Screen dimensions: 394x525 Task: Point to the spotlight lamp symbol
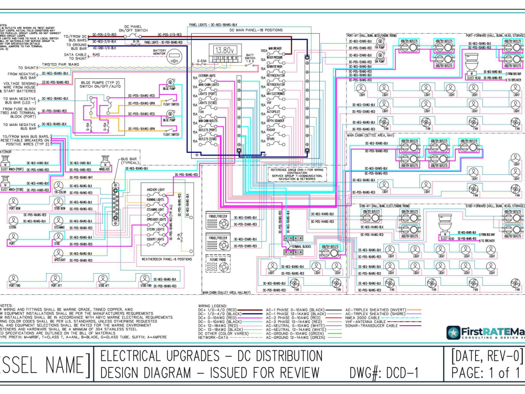pos(59,253)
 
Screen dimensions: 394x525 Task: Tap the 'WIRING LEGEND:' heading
pos(213,305)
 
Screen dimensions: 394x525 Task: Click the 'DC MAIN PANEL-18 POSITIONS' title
pos(256,30)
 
